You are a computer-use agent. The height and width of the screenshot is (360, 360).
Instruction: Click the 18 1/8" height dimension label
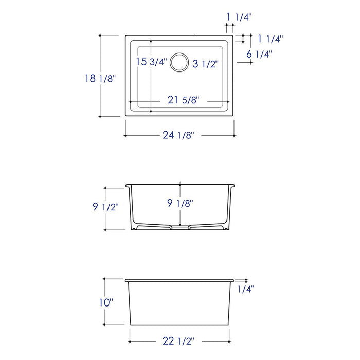100,78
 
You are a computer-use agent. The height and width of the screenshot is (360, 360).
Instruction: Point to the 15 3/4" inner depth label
152,62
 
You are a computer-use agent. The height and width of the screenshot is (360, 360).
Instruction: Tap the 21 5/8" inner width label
183,100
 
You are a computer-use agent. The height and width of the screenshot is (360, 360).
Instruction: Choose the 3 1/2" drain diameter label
206,64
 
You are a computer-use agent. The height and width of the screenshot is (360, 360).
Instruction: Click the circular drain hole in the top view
180,62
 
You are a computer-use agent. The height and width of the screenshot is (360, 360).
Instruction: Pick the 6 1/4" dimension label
259,53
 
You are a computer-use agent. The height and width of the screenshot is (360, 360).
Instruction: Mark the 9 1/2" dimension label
105,207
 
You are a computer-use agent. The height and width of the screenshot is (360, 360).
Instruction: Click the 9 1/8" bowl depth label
180,204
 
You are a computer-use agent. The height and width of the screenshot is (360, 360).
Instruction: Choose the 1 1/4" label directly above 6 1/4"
270,39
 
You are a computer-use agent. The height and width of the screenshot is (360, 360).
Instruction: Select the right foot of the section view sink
224,227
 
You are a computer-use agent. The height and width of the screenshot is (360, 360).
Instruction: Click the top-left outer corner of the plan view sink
125,35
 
